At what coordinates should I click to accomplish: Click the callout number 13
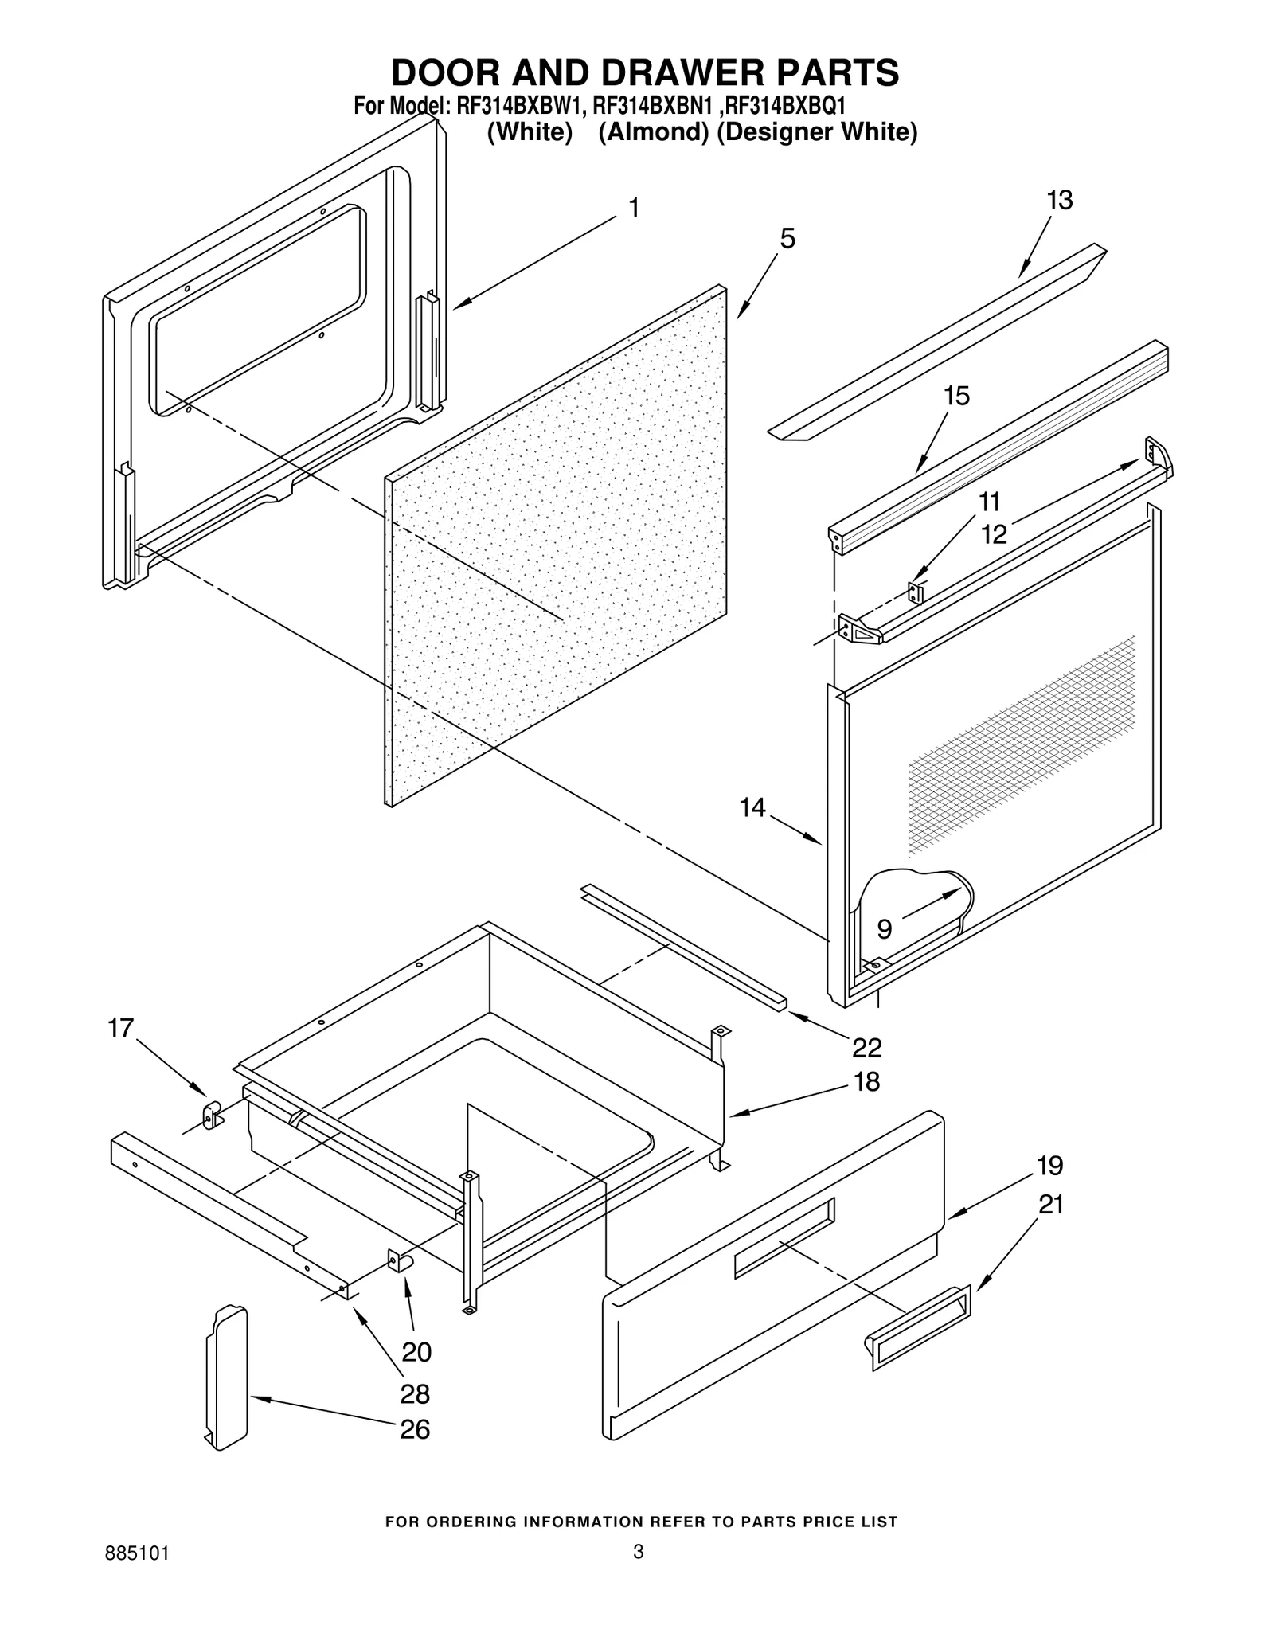tap(1059, 201)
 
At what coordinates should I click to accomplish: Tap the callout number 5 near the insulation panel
tap(787, 238)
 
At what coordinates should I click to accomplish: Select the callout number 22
tap(866, 1048)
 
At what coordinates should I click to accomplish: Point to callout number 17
tap(121, 1028)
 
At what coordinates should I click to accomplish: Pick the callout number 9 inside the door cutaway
tap(884, 928)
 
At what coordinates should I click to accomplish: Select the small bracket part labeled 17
tap(211, 1114)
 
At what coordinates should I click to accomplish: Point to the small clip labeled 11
tap(915, 592)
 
